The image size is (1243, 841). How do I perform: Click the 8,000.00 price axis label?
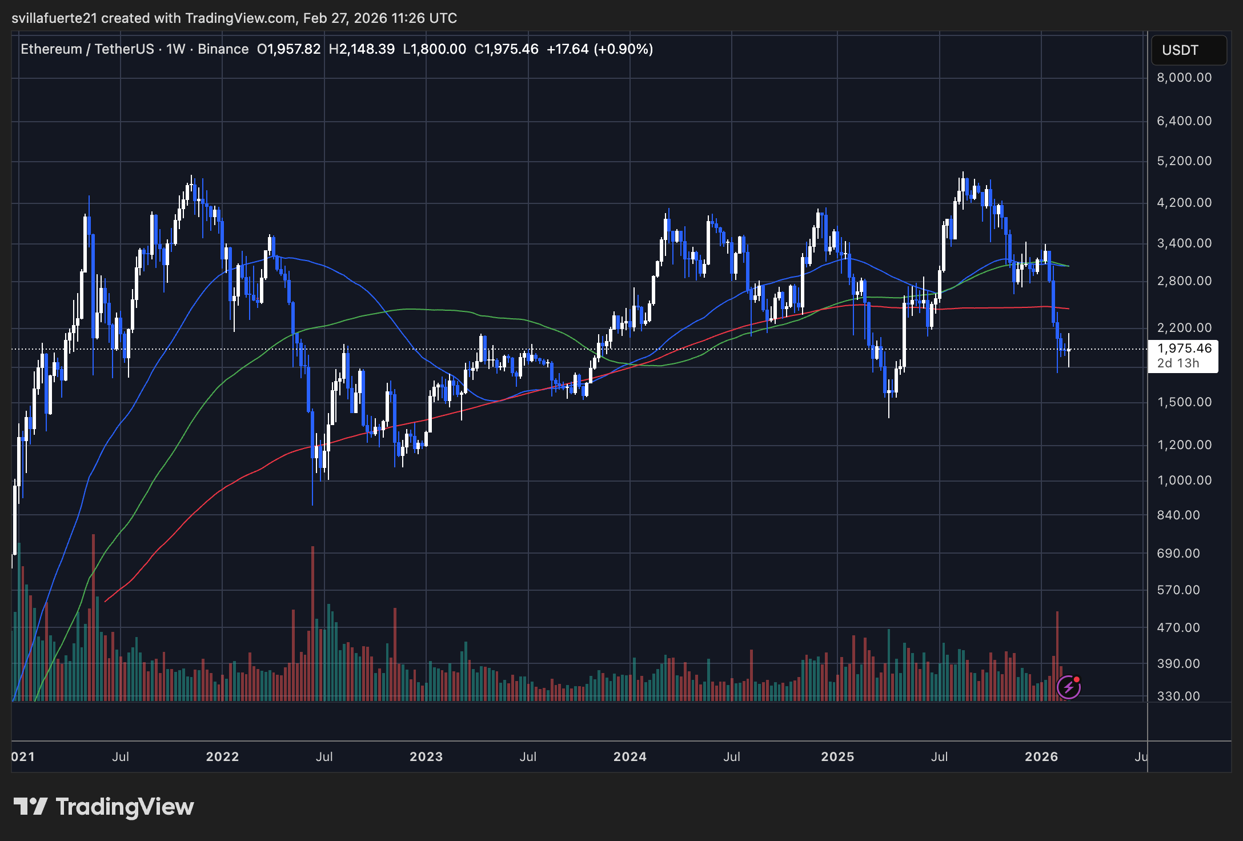[x=1184, y=78]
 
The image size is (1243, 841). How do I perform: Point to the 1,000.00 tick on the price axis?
[x=1184, y=480]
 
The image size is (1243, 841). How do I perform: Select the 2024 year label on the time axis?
[x=629, y=757]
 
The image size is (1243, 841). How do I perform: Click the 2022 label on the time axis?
[x=222, y=757]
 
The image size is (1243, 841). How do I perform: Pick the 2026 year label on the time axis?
[x=1041, y=757]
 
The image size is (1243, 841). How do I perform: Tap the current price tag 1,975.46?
[x=1184, y=349]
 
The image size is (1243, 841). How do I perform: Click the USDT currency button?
[x=1180, y=50]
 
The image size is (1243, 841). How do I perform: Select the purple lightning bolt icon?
[x=1068, y=687]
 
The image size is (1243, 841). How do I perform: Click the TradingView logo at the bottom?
[x=104, y=807]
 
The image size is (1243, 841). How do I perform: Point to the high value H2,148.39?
[x=362, y=49]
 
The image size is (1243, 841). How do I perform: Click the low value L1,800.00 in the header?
[x=434, y=49]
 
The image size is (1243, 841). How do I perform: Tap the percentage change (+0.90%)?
[x=623, y=49]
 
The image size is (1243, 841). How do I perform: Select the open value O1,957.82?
[x=288, y=49]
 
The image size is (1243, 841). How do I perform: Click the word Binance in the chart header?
[x=223, y=49]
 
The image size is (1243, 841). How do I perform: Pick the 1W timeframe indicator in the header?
[x=176, y=49]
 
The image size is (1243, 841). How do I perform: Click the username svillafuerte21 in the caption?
[x=54, y=18]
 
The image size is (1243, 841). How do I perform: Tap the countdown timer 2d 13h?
[x=1178, y=363]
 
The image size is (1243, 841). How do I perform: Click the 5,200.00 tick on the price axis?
[x=1184, y=161]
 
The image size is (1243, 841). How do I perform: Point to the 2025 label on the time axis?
[x=837, y=757]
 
